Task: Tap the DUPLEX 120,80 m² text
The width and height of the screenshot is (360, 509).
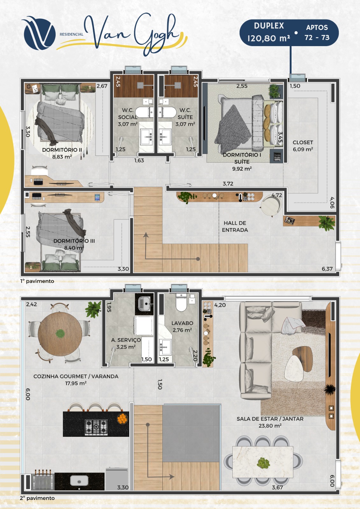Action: coord(269,32)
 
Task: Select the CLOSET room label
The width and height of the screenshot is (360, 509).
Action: coord(303,143)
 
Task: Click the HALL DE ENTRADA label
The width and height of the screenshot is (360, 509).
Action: coord(235,226)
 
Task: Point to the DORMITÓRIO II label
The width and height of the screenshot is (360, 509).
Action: coord(62,150)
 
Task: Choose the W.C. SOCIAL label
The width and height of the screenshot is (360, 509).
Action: coord(128,114)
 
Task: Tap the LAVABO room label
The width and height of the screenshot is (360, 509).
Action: coord(182,323)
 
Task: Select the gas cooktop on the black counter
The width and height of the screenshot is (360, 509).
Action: coord(96,427)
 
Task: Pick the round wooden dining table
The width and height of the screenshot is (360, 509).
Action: coord(60,334)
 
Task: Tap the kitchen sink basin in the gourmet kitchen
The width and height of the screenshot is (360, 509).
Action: coord(79,481)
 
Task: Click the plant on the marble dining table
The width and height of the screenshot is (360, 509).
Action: coord(263,463)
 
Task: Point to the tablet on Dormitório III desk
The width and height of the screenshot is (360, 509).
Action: coord(97,198)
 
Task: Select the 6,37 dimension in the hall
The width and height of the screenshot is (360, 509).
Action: coord(327,269)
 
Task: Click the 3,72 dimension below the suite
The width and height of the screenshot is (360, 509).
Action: coord(228,184)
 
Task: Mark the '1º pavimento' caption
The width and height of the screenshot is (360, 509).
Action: coord(37,281)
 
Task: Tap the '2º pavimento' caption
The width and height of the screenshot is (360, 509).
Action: coord(37,498)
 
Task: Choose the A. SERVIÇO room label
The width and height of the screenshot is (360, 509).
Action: coord(126,340)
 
